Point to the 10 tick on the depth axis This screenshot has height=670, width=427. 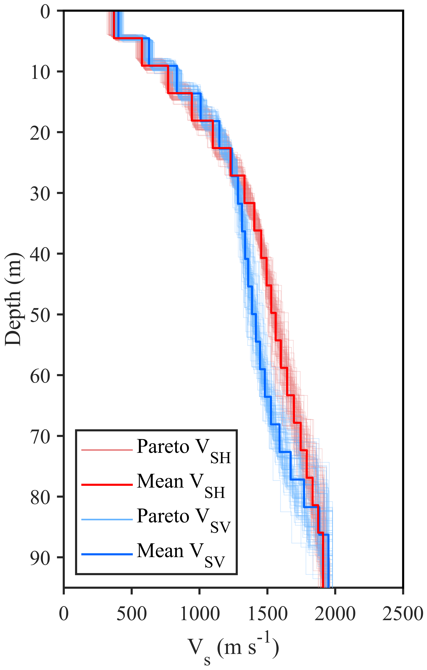click(x=40, y=73)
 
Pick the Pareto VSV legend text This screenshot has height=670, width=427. click(x=184, y=520)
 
